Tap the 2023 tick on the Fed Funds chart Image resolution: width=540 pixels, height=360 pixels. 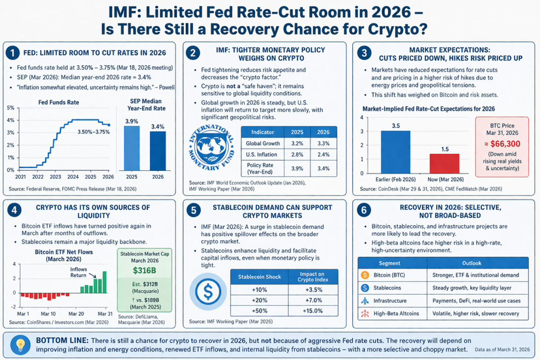56,177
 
